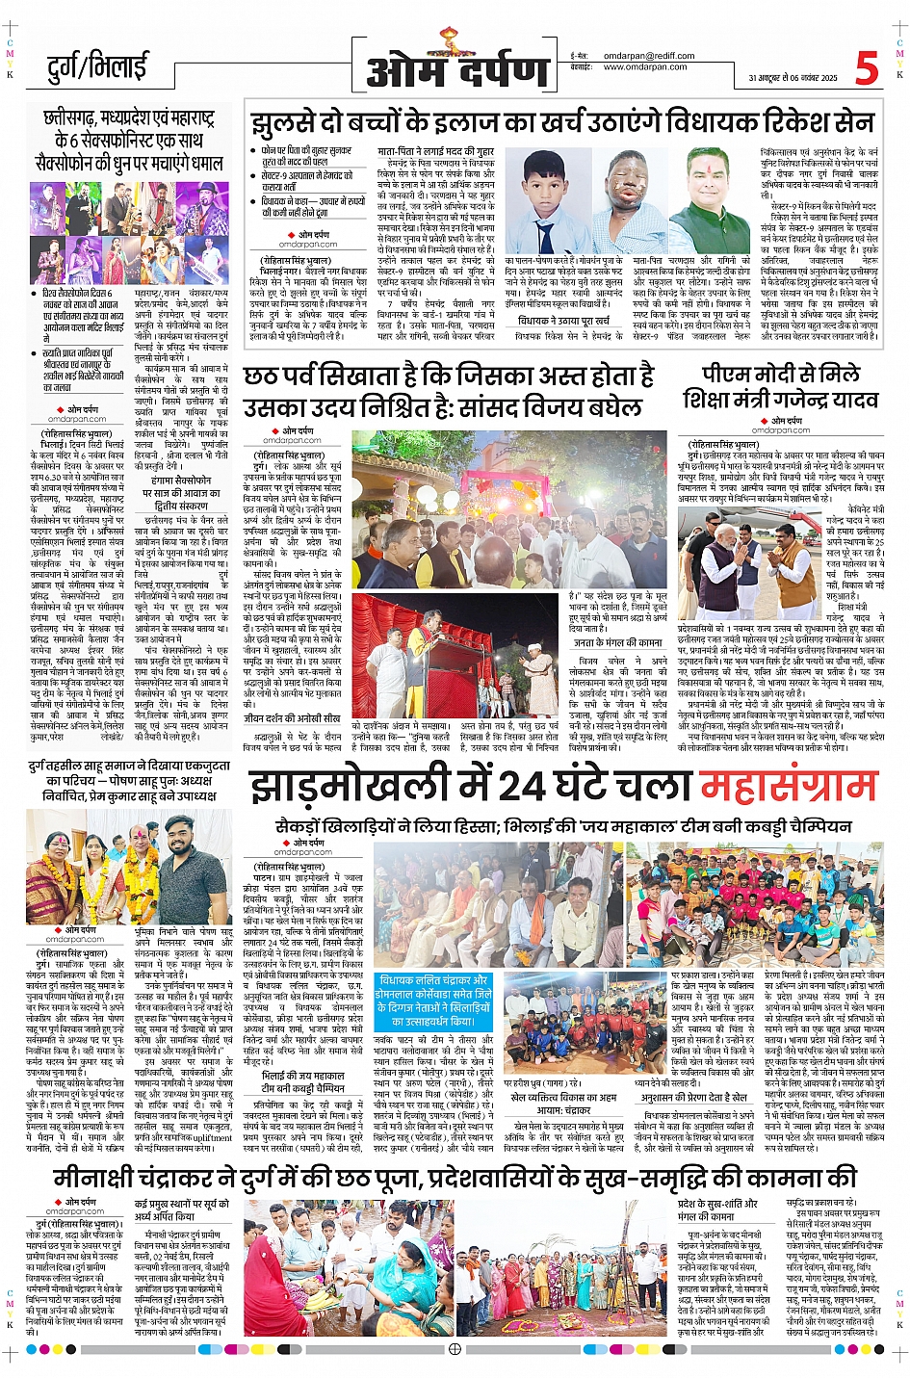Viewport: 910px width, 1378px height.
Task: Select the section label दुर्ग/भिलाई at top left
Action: (97, 67)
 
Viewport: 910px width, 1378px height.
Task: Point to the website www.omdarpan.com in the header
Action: (645, 67)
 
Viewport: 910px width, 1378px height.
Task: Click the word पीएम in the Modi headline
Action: (729, 374)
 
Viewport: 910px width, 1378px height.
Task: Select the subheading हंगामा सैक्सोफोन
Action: (180, 479)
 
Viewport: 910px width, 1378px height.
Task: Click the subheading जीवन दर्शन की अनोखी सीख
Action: (292, 718)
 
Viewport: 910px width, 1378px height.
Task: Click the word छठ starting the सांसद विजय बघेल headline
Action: (262, 377)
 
